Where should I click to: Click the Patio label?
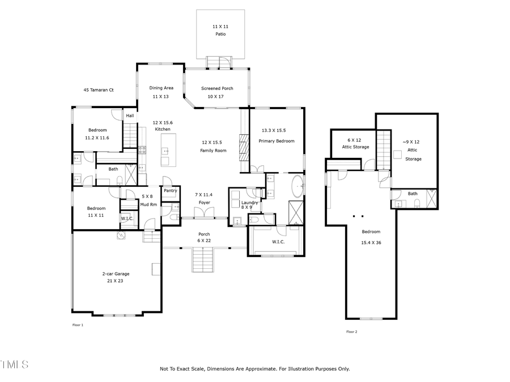(220, 34)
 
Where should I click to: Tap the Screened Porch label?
(217, 88)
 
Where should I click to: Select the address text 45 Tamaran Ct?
(99, 89)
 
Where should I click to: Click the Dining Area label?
(161, 88)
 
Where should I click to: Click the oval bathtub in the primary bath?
(297, 186)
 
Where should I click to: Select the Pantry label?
(171, 191)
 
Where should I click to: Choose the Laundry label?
(250, 203)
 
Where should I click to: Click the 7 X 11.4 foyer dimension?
(202, 194)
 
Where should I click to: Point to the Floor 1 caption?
(78, 325)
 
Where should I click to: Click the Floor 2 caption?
(351, 332)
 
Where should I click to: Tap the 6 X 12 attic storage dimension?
(354, 139)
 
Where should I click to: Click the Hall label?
(130, 115)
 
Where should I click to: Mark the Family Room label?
(213, 151)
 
